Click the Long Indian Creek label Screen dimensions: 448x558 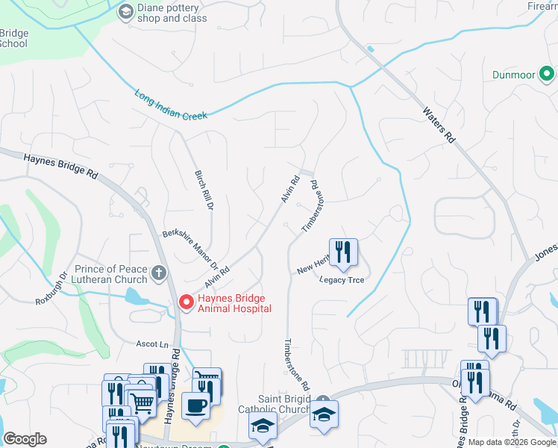(x=172, y=105)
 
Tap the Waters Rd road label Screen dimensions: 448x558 (x=438, y=124)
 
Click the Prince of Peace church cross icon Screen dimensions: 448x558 (x=158, y=273)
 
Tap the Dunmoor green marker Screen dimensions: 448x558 (x=546, y=74)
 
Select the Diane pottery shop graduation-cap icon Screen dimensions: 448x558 (x=126, y=11)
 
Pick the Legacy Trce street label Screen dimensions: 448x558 (x=342, y=280)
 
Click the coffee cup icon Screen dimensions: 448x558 (x=196, y=405)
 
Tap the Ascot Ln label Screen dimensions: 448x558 (x=151, y=344)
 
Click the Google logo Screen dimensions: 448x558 (x=25, y=439)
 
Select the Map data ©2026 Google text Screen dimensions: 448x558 (x=512, y=442)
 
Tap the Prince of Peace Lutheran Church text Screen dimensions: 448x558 (x=111, y=274)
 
